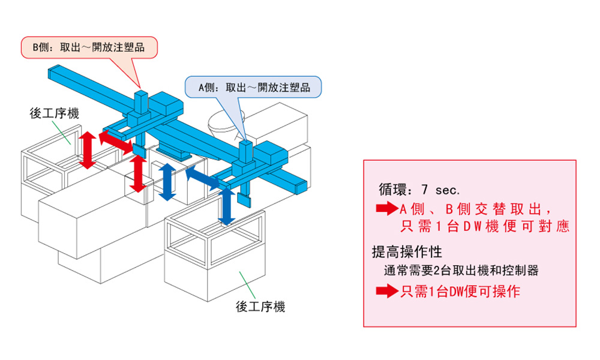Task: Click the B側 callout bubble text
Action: click(89, 46)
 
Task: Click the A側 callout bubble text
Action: click(254, 88)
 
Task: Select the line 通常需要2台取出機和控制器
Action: click(461, 271)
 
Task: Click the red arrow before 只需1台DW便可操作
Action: click(386, 292)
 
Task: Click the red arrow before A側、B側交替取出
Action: click(386, 209)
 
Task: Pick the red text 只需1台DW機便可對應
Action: click(484, 227)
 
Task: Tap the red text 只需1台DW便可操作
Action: click(460, 292)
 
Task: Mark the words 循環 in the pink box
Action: click(392, 190)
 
